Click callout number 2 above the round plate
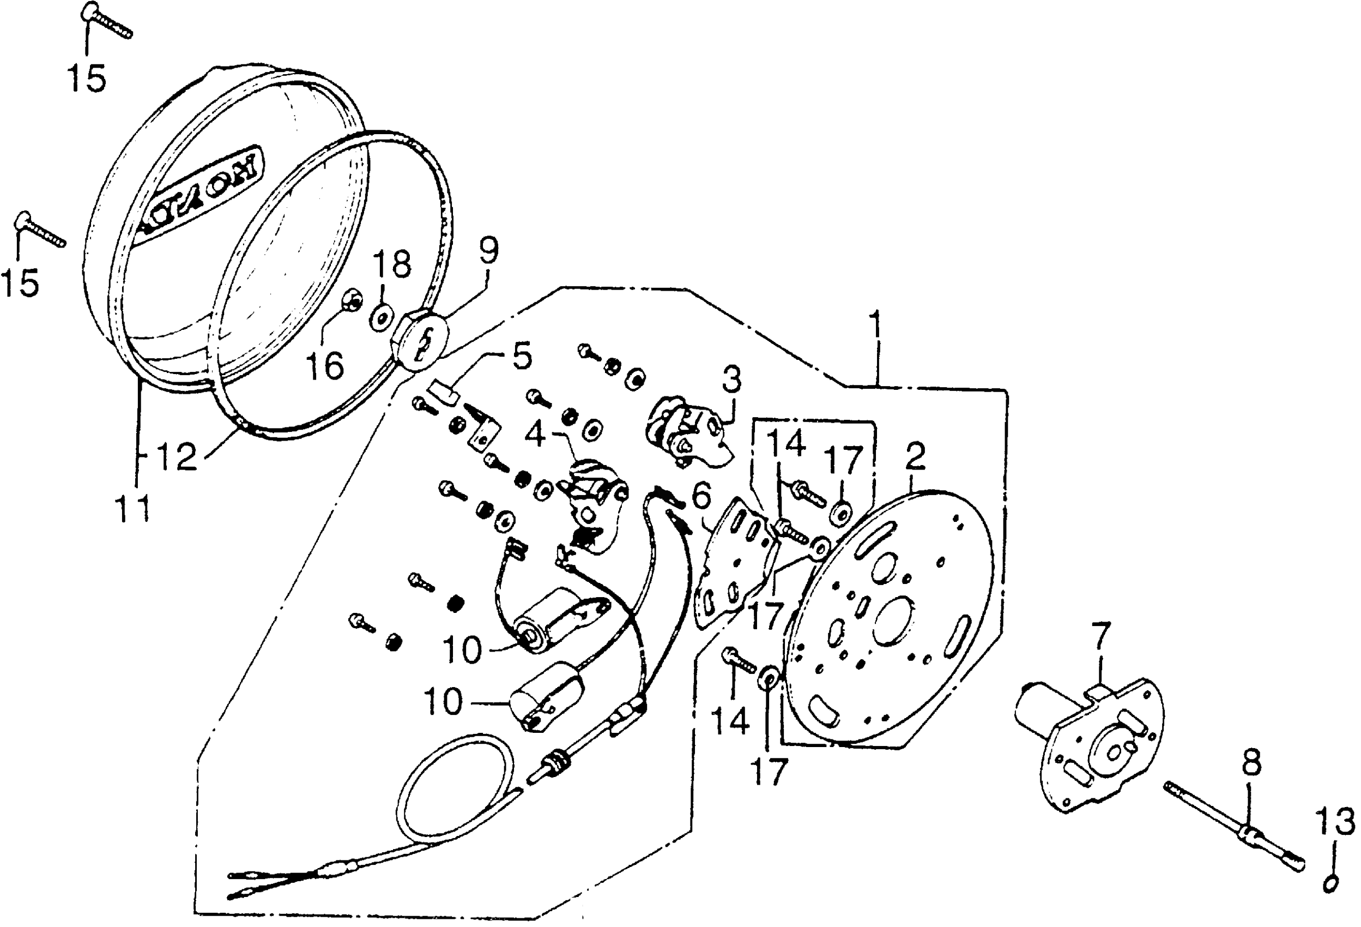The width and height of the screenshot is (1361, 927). (x=915, y=458)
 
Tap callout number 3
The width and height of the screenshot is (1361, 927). (x=731, y=380)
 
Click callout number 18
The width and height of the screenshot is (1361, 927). (x=393, y=264)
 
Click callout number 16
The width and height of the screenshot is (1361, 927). (x=325, y=366)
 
